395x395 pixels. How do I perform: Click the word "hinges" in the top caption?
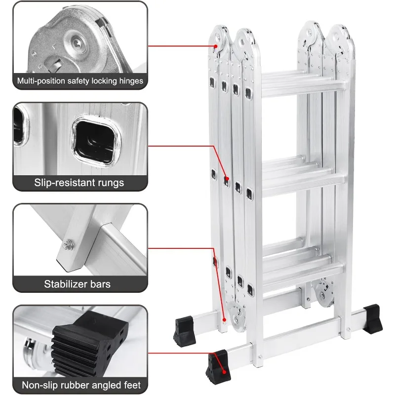coord(128,81)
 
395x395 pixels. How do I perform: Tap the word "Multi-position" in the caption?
coord(42,81)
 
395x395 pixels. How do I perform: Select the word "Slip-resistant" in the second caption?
coord(63,183)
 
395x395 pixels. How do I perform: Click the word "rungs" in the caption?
coord(109,183)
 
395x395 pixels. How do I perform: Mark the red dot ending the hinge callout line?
coord(216,46)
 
